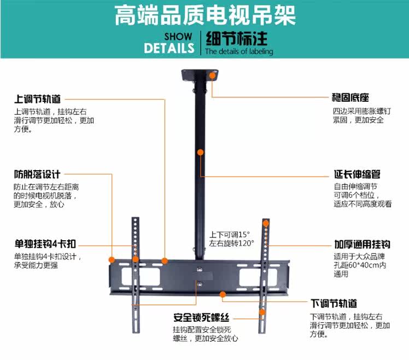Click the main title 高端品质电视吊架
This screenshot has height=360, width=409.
pos(204,16)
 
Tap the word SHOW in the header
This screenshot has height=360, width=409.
pos(178,37)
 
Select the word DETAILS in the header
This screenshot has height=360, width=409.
pos(169,48)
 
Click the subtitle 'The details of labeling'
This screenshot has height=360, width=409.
pos(239,52)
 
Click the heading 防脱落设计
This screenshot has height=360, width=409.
pos(37,175)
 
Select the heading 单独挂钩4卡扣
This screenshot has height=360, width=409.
pos(45,244)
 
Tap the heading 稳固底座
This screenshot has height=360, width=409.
pos(350,98)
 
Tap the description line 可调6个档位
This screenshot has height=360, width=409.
pos(355,195)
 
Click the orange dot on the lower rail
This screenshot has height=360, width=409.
pos(223,294)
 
